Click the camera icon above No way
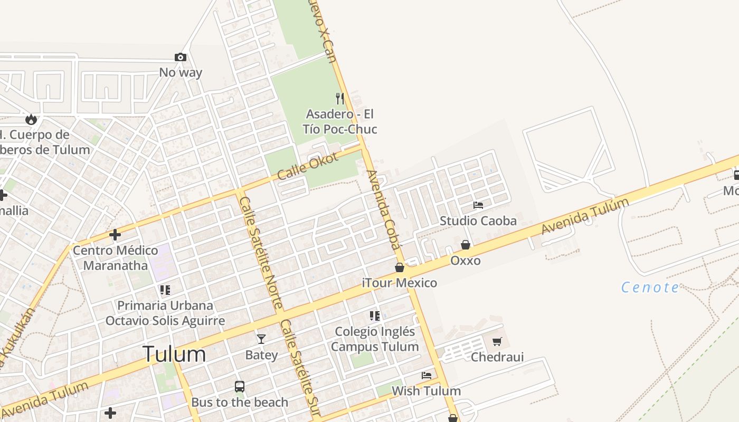coord(181,57)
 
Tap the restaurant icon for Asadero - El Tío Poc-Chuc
coord(340,98)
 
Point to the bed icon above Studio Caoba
coord(478,205)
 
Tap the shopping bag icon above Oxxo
coord(466,245)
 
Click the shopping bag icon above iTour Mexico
coord(400,267)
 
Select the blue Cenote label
coord(650,287)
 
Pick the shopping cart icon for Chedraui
coord(497,342)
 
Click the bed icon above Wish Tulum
coord(427,376)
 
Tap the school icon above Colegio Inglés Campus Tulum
coord(375,316)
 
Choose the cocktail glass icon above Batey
coord(261,339)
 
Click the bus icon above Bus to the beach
coord(240,387)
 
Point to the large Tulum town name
coord(174,354)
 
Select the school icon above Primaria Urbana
coord(165,290)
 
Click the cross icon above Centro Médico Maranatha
coord(115,234)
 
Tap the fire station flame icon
coord(31,119)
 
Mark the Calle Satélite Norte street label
coord(261,253)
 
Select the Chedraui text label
coord(497,357)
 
